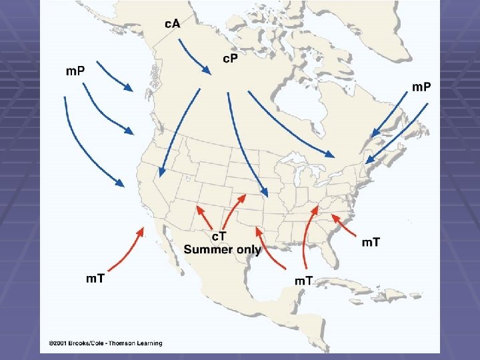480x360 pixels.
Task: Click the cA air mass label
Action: pyautogui.click(x=172, y=24)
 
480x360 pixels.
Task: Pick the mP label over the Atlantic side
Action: pyautogui.click(x=421, y=87)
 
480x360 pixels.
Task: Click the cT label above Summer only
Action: pyautogui.click(x=219, y=237)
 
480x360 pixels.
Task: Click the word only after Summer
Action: pyautogui.click(x=248, y=250)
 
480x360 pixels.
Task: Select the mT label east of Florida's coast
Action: pyautogui.click(x=371, y=242)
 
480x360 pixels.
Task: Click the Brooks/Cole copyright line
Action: pyautogui.click(x=105, y=343)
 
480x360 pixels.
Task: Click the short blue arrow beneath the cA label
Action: pyautogui.click(x=193, y=57)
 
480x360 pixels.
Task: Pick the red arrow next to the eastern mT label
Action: pyautogui.click(x=345, y=225)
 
